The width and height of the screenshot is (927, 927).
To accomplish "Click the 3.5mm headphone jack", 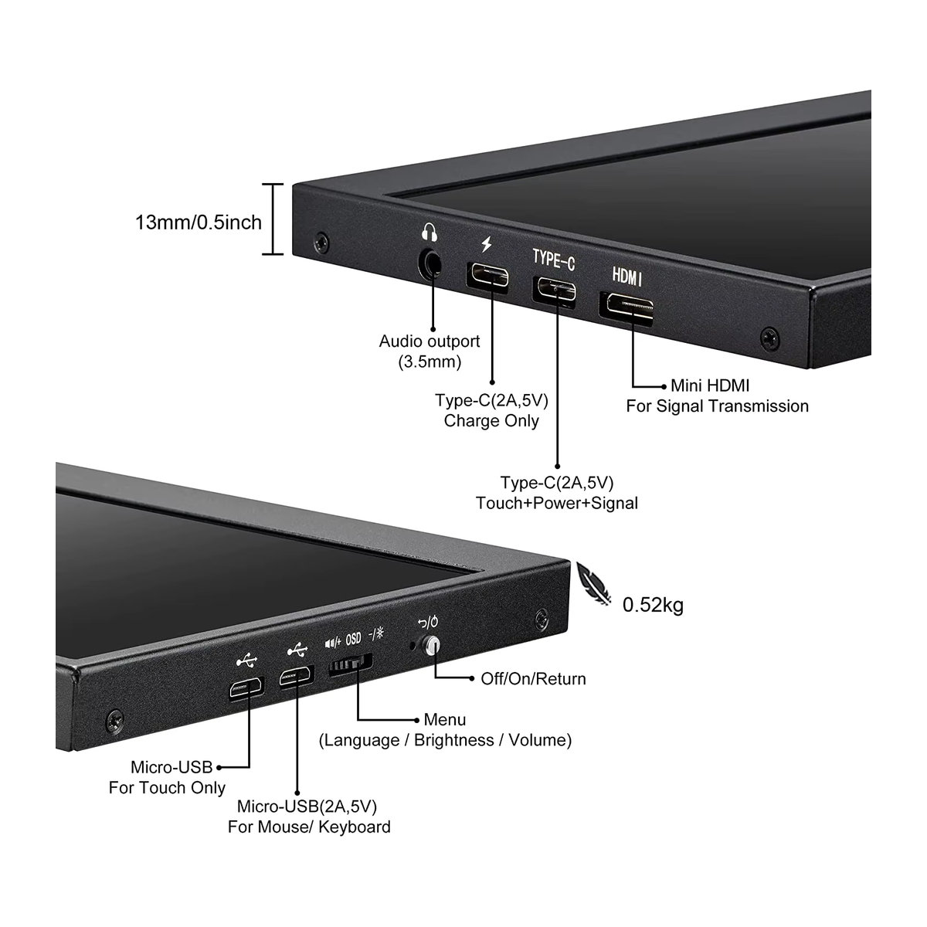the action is click(x=431, y=263).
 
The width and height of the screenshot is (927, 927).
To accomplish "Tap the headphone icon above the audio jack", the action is click(x=429, y=232).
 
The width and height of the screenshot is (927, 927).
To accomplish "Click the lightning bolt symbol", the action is click(x=487, y=244).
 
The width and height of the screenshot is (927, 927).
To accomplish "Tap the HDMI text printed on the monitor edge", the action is click(x=626, y=277).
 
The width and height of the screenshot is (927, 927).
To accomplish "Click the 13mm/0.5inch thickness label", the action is click(x=199, y=222).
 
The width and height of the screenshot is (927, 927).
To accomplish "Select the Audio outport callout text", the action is click(x=430, y=351).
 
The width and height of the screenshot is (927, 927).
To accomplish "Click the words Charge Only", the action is click(x=491, y=421).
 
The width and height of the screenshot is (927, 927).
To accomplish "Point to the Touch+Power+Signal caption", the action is click(x=556, y=503).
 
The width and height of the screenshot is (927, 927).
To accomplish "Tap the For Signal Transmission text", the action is click(x=717, y=406).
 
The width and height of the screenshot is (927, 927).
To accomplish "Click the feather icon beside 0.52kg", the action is click(x=593, y=583).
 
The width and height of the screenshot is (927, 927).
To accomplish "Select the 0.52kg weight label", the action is click(x=653, y=605).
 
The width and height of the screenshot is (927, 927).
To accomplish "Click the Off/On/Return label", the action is click(x=534, y=679).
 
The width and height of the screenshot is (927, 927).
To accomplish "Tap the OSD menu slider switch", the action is click(x=350, y=664).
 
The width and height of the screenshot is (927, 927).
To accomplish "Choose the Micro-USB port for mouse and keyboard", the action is click(x=297, y=677).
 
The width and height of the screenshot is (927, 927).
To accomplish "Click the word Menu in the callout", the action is click(x=445, y=720).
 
